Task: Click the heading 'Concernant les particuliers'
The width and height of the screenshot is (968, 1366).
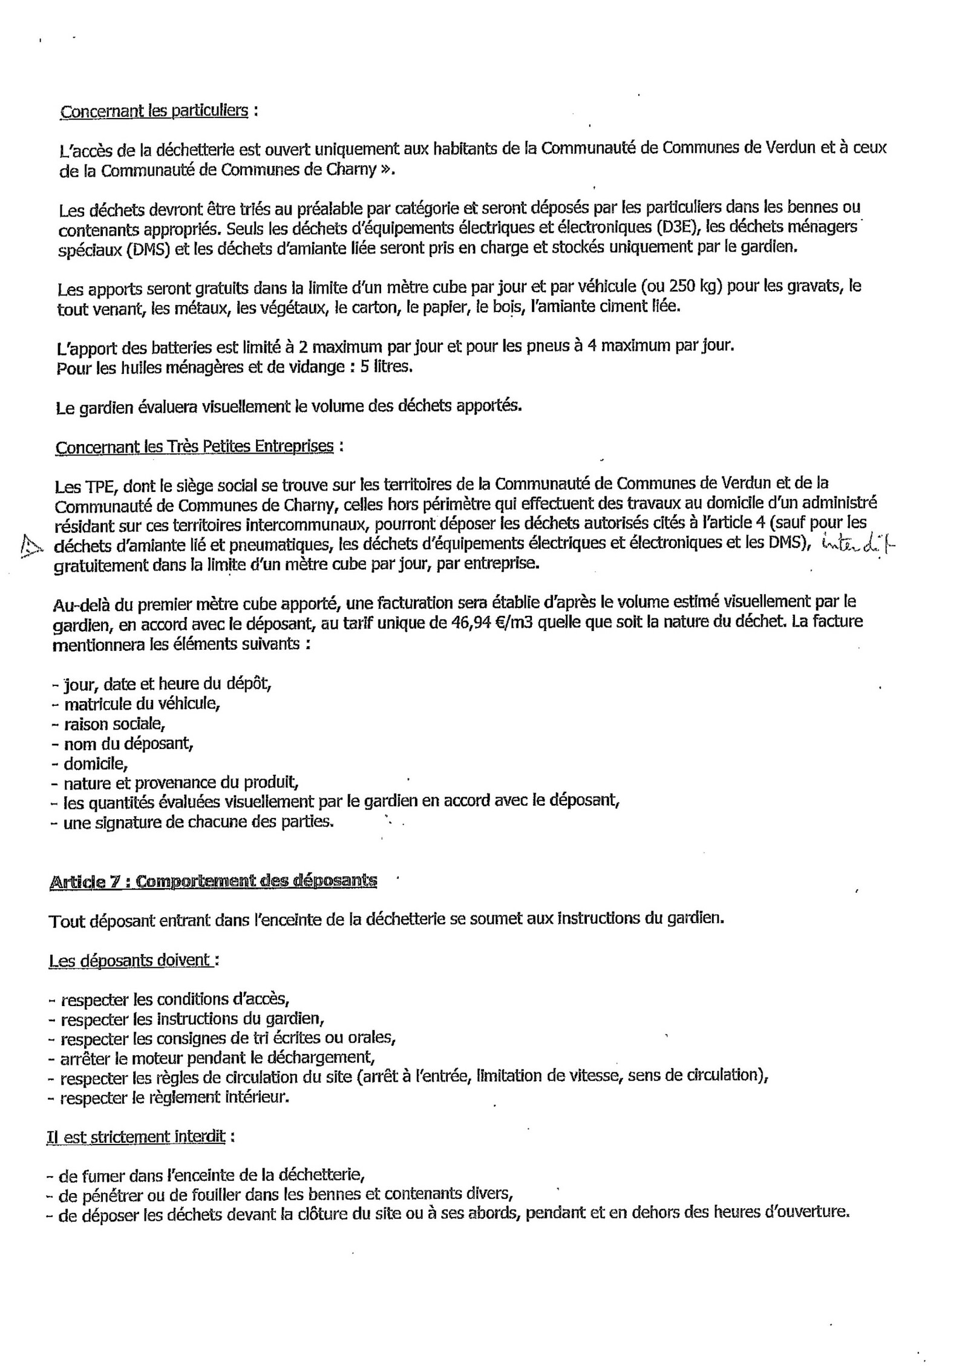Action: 154,111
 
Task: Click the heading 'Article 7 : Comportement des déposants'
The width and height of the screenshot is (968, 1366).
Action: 212,880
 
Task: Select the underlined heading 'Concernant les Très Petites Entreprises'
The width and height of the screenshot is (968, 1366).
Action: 194,446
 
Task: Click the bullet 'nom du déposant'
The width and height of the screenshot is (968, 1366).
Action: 128,743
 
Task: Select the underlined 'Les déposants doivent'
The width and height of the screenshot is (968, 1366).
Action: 129,960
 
